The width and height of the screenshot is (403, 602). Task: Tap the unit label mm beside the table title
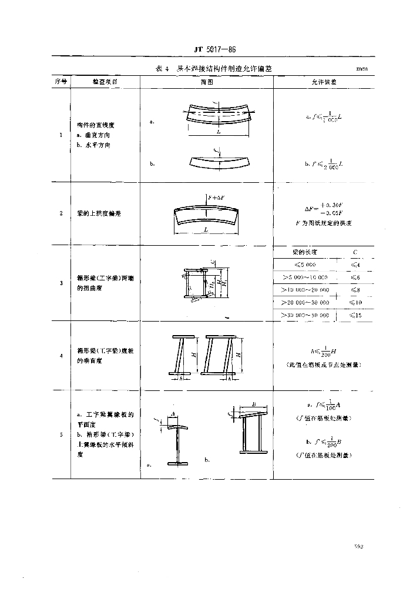point(361,69)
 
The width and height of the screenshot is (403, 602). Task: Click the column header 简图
point(206,82)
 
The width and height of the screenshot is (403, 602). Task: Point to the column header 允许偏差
point(324,82)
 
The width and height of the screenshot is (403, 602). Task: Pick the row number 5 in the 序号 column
point(61,434)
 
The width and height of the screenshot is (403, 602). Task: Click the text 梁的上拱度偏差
point(98,213)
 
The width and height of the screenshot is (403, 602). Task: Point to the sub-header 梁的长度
point(305,252)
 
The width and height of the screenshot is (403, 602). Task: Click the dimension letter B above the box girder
point(253,404)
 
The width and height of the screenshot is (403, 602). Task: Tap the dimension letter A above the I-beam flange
point(174,414)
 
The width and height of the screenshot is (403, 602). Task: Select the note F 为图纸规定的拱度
point(324,224)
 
